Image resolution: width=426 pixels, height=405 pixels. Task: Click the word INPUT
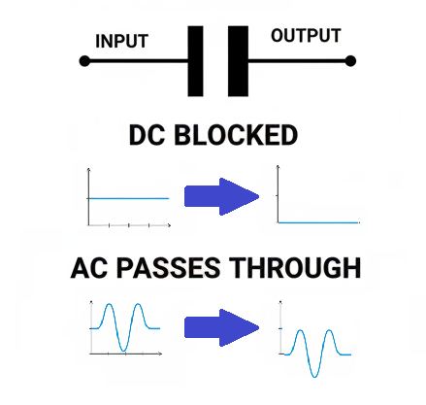point(122,42)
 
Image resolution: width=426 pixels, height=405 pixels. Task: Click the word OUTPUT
point(306,37)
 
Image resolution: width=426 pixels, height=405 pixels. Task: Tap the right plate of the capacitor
point(238,61)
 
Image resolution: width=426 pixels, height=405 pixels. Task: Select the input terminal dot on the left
point(84,61)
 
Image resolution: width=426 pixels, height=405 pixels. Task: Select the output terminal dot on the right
point(349,61)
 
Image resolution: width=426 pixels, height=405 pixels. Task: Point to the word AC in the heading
point(90,267)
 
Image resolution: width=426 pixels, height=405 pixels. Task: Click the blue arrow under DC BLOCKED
point(222,195)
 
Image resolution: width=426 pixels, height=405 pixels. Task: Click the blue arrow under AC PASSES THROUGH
point(222,327)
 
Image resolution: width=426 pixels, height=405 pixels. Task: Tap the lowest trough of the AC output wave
point(311,374)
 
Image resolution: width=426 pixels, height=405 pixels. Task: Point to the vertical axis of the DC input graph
point(89,199)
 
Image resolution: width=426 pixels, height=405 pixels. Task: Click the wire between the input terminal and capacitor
point(136,61)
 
